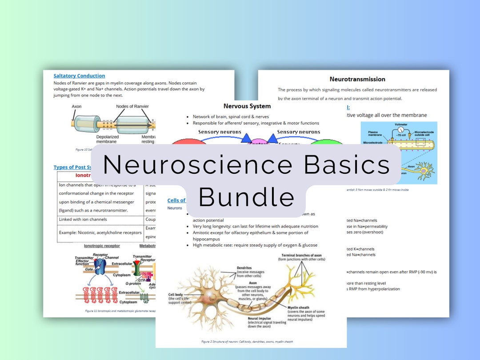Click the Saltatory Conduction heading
[79, 76]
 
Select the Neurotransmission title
[357, 79]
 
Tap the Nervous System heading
[247, 106]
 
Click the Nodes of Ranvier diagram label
[132, 107]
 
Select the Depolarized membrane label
[108, 139]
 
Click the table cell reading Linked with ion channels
[83, 220]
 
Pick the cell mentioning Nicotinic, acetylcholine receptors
[100, 232]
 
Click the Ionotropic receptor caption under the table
[102, 246]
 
